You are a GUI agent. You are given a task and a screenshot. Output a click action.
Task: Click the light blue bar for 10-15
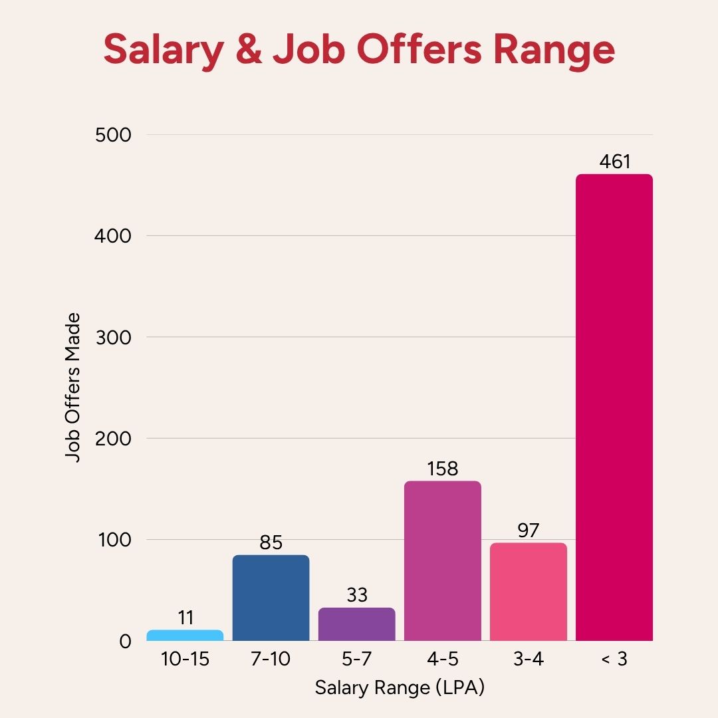tap(185, 636)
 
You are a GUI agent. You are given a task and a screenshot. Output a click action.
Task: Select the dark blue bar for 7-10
tap(271, 598)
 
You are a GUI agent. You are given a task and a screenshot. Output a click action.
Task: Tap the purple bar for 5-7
tap(357, 624)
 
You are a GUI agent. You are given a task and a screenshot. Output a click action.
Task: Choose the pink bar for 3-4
tap(529, 592)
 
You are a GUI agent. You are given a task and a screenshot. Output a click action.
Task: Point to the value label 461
tap(614, 162)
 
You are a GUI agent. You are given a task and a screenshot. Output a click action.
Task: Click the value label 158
tap(443, 469)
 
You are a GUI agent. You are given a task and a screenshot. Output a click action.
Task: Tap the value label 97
tap(529, 531)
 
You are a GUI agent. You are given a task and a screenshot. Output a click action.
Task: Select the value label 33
tap(357, 595)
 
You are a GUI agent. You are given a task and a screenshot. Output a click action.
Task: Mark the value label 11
tap(185, 618)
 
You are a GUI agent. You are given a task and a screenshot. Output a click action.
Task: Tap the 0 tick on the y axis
tap(125, 641)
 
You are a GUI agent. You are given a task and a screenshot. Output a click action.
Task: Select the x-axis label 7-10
tap(271, 660)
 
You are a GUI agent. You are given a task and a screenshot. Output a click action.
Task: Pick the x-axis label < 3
tap(614, 660)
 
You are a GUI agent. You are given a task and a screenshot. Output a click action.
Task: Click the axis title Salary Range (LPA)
tap(400, 687)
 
